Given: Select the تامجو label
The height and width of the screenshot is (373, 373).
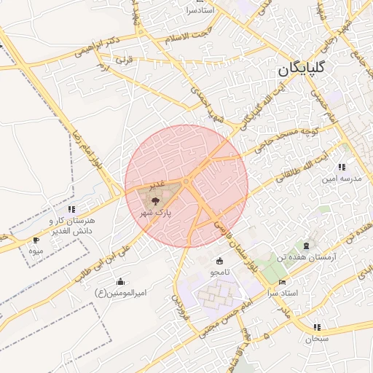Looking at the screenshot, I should [221, 272].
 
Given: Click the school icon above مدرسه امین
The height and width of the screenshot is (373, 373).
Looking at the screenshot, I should [342, 168].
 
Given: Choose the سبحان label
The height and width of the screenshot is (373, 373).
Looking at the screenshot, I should [318, 339].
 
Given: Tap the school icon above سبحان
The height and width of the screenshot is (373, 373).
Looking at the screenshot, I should [317, 328].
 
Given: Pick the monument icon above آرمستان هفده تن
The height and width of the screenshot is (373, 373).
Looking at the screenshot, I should [306, 246].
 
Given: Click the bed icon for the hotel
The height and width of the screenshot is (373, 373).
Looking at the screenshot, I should [283, 282].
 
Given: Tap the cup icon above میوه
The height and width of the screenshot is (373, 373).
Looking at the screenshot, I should [36, 240].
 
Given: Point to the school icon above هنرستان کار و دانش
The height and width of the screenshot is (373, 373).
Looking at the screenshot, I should [71, 210].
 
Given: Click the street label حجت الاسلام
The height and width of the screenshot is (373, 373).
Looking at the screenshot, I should [186, 36].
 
